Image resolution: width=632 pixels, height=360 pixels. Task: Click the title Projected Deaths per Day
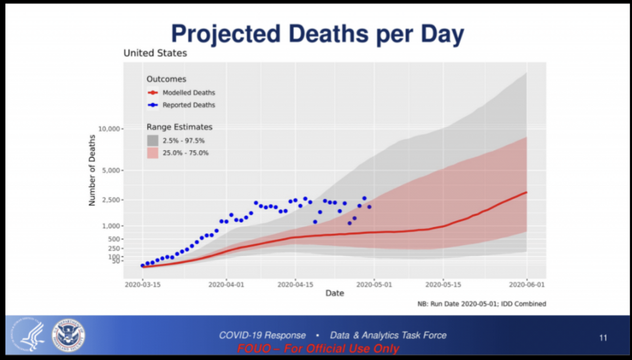pyautogui.click(x=317, y=35)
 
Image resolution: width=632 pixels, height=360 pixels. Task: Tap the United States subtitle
pyautogui.click(x=155, y=53)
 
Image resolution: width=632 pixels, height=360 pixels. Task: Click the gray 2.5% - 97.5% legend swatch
pyautogui.click(x=153, y=140)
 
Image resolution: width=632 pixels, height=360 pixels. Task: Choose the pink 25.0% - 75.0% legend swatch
pyautogui.click(x=153, y=153)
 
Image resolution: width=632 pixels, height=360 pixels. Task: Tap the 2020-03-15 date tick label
pyautogui.click(x=143, y=284)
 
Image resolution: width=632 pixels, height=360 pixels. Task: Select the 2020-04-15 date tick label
pyautogui.click(x=295, y=284)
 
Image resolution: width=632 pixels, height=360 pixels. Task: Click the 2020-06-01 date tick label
pyautogui.click(x=526, y=284)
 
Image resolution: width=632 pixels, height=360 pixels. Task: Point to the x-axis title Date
pyautogui.click(x=334, y=293)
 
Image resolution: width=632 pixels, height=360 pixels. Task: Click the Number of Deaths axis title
pyautogui.click(x=92, y=170)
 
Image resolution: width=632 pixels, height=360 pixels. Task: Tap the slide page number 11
pyautogui.click(x=603, y=338)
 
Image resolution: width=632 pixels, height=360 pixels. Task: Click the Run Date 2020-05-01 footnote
pyautogui.click(x=481, y=304)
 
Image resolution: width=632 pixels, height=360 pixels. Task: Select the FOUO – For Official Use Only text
pyautogui.click(x=318, y=349)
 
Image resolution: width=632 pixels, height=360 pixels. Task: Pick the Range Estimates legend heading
pyautogui.click(x=179, y=127)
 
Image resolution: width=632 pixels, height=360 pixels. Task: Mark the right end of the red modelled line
pyautogui.click(x=526, y=192)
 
